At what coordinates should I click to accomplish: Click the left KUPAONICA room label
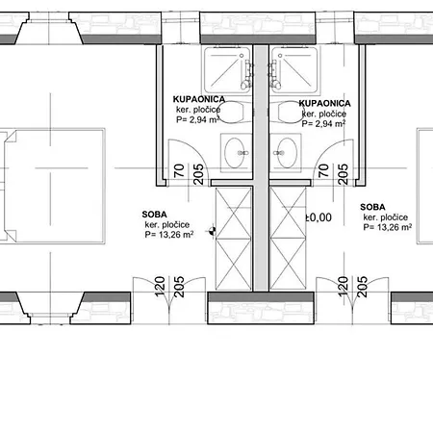[x=199, y=99]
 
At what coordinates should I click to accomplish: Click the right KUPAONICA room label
[x=324, y=103]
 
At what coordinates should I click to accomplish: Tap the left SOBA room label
[x=154, y=215]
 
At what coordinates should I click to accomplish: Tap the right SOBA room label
[x=372, y=207]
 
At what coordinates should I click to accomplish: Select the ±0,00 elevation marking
[x=318, y=217]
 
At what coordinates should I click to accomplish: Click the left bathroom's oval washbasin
[x=235, y=153]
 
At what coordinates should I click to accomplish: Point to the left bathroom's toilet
[x=234, y=113]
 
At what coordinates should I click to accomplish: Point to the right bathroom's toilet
[x=288, y=113]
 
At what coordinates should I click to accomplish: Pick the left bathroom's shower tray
[x=227, y=70]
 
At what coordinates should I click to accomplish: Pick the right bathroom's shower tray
[x=294, y=70]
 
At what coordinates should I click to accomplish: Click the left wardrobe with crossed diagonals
[x=234, y=239]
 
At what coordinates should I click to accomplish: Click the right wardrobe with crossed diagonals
[x=288, y=239]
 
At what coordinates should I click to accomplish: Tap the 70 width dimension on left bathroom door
[x=179, y=170]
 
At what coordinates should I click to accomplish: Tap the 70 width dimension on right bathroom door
[x=323, y=170]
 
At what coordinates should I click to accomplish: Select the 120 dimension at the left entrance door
[x=160, y=287]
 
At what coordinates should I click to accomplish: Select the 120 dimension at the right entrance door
[x=344, y=287]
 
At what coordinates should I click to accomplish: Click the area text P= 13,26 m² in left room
[x=169, y=235]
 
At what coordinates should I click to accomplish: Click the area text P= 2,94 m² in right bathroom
[x=323, y=123]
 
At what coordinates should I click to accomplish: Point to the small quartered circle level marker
[x=212, y=230]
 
